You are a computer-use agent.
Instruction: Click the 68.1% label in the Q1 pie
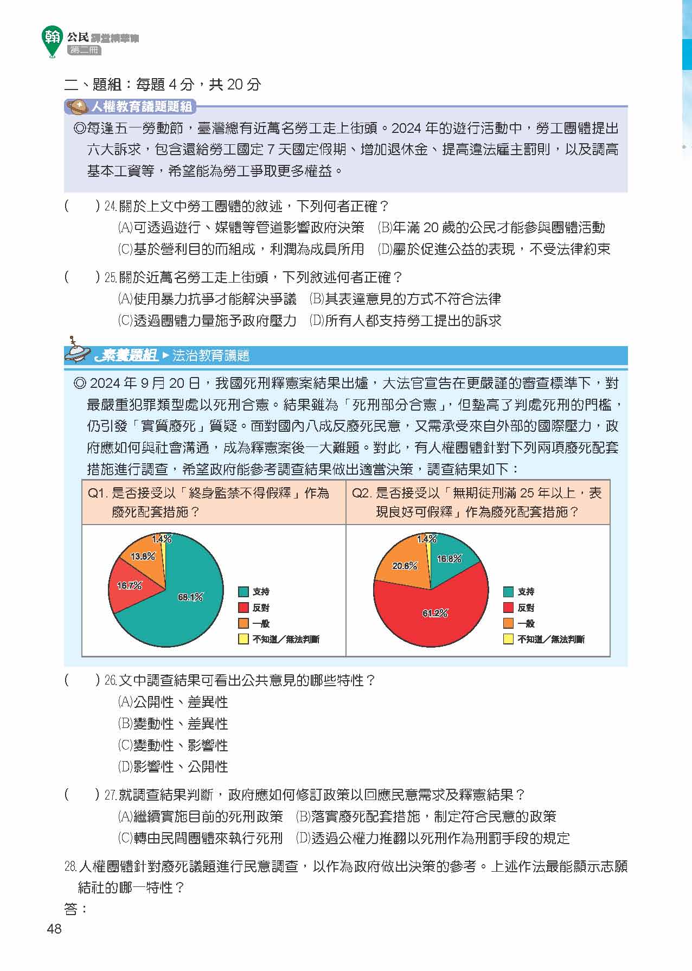(190, 597)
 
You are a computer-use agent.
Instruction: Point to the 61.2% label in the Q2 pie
(435, 613)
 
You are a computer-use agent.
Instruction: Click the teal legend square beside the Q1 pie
(244, 592)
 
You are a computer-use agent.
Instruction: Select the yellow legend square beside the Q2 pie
(508, 639)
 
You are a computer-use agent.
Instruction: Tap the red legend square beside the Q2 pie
(508, 608)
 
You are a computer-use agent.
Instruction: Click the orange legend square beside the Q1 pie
(244, 623)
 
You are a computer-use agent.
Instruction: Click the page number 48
(54, 929)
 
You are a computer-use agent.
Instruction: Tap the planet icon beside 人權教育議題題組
(78, 106)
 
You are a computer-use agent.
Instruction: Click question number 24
(111, 207)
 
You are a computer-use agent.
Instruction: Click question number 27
(111, 795)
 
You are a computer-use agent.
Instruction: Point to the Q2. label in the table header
(361, 493)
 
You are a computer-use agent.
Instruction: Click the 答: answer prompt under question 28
(75, 909)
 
